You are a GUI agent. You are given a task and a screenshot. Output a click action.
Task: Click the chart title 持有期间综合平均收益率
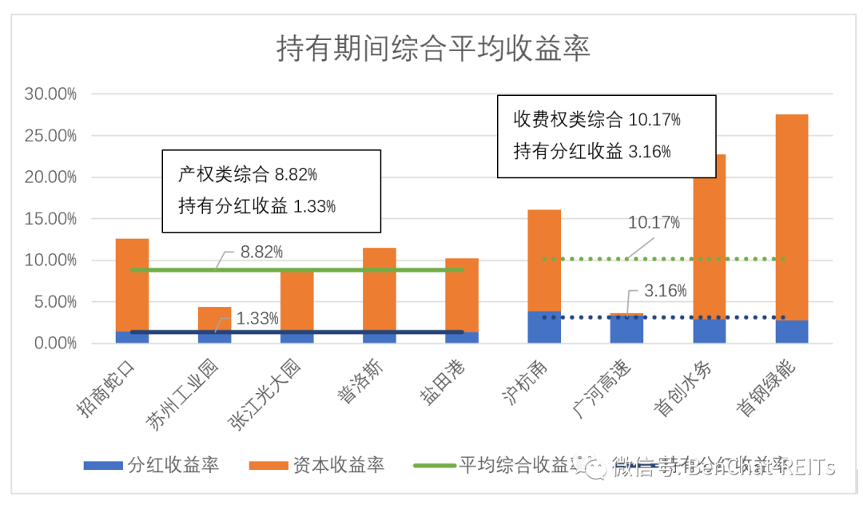tap(433, 49)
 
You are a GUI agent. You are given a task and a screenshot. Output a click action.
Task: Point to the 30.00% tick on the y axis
tap(50, 94)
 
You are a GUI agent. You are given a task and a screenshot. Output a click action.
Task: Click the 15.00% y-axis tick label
tap(50, 219)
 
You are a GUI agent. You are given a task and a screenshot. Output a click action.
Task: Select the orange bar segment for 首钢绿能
tap(792, 216)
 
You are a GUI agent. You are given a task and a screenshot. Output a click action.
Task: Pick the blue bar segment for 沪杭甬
tap(544, 328)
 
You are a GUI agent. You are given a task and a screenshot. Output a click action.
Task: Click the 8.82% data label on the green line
tap(261, 252)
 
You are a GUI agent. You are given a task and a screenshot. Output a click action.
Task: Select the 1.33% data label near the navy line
tap(257, 319)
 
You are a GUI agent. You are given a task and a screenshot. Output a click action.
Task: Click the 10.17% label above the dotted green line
tap(654, 223)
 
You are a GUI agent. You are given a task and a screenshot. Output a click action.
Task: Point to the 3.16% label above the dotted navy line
tap(665, 292)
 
